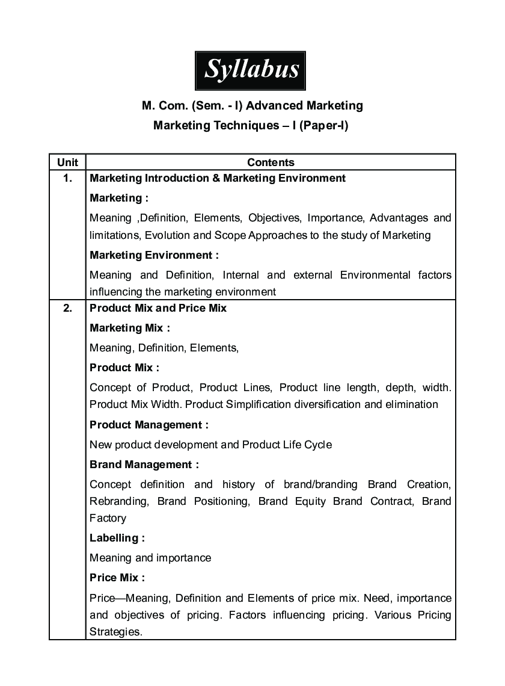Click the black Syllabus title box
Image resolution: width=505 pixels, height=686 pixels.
click(x=251, y=70)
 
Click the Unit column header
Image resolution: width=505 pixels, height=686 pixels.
click(x=67, y=162)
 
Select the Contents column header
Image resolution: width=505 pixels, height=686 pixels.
click(x=271, y=162)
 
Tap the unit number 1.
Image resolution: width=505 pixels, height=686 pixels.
click(x=67, y=178)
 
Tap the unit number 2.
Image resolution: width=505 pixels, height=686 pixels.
click(x=67, y=308)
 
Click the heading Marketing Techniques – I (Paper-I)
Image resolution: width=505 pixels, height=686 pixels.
click(x=251, y=125)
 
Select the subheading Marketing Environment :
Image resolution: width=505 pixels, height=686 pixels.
click(x=155, y=255)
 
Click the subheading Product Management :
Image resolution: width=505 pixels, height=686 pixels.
click(x=149, y=425)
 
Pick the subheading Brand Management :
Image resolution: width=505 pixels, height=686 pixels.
click(x=144, y=465)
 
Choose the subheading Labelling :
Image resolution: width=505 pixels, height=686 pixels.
click(x=117, y=538)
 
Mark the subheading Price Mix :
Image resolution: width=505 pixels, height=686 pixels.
click(x=117, y=578)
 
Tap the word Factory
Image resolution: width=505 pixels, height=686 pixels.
click(x=108, y=518)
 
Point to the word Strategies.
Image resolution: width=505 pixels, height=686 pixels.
click(x=115, y=632)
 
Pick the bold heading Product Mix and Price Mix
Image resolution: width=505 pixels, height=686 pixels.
click(x=158, y=308)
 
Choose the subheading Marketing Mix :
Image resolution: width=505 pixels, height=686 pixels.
click(x=130, y=328)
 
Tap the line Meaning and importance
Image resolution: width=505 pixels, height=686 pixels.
click(x=150, y=558)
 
